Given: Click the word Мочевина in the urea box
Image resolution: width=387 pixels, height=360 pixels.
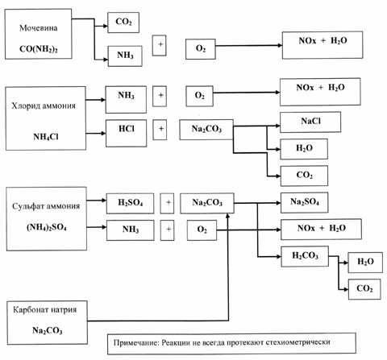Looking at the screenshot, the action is click(39, 28).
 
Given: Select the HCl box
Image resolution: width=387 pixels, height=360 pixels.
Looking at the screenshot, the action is click(127, 133).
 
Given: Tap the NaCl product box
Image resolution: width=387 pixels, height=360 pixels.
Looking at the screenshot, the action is click(310, 122).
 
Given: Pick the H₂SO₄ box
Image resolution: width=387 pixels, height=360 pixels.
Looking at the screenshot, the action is click(131, 203).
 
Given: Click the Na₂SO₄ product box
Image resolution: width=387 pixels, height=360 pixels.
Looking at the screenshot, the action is click(305, 202).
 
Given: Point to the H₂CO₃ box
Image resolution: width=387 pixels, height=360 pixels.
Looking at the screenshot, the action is click(305, 256).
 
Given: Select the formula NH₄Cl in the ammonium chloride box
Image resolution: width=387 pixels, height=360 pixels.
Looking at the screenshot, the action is click(46, 137).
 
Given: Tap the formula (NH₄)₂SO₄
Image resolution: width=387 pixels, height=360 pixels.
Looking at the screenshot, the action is click(47, 227).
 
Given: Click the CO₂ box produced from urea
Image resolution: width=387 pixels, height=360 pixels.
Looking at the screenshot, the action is click(123, 23).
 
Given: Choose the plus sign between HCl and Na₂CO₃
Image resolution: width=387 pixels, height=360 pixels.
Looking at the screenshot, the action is click(160, 130).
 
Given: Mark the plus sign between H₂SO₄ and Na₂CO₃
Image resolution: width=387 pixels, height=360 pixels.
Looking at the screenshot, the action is click(167, 203).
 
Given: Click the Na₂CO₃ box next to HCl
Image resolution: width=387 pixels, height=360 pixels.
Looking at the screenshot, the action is click(206, 130).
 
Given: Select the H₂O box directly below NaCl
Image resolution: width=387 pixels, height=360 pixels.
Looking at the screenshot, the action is click(304, 149).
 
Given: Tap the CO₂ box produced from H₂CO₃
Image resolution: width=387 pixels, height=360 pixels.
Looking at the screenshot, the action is click(364, 289).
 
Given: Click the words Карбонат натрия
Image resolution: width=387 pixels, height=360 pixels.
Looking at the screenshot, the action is click(45, 310).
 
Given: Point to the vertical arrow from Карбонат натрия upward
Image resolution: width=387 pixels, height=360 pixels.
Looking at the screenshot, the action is click(228, 267).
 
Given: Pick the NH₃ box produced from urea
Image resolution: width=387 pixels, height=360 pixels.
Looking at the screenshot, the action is click(125, 56).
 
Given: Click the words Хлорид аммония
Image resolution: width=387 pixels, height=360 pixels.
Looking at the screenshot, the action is click(44, 106).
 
